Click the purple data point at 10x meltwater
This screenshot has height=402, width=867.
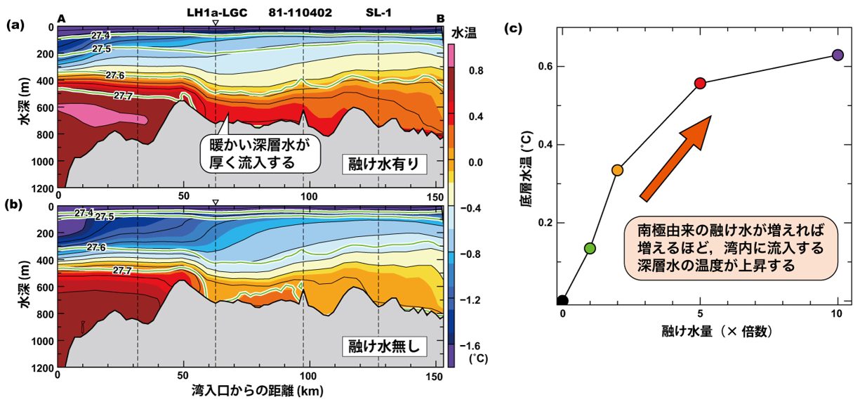point(838,55)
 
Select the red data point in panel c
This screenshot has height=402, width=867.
point(700,83)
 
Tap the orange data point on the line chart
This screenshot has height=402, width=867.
point(618,170)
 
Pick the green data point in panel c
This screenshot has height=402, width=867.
point(590,248)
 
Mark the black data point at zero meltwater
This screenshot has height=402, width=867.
point(562,301)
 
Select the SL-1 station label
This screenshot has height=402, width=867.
point(378,13)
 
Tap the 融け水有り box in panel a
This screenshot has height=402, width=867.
point(385,164)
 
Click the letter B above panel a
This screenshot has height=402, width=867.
point(440,18)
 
